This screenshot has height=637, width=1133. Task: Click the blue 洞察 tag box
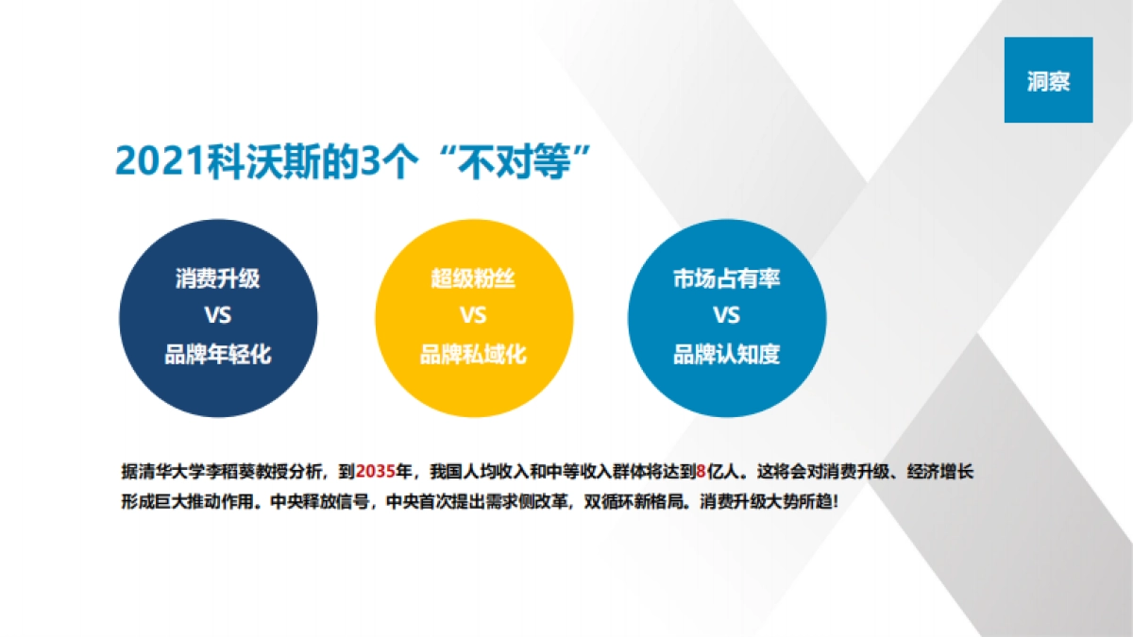1048,80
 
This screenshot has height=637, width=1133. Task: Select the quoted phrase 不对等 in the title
515,161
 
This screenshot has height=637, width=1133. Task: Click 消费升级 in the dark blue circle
217,279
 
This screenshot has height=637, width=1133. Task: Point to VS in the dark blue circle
217,315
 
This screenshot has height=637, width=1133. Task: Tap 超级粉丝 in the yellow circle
473,279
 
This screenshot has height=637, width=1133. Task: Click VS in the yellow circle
473,315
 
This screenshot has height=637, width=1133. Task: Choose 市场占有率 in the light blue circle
726,279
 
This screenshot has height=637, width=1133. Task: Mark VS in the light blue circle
726,315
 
